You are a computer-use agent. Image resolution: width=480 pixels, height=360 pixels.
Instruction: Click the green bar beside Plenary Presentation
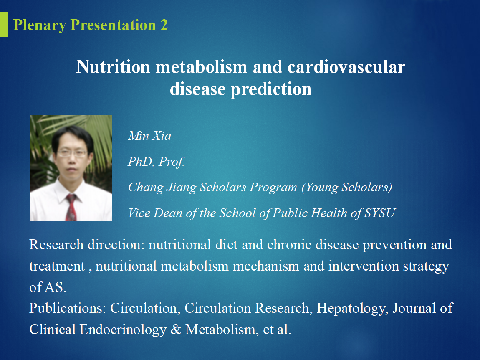point(4,25)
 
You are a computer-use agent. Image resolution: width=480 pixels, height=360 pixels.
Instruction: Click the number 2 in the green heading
point(164,25)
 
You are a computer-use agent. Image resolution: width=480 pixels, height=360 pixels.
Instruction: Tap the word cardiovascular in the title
point(346,67)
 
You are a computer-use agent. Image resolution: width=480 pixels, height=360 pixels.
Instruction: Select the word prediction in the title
point(271,89)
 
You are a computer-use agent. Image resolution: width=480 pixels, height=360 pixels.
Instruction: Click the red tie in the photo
point(71,208)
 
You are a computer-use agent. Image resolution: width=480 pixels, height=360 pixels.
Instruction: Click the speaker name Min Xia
point(149,136)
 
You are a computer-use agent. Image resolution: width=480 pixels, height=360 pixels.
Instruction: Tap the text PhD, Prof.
point(156,162)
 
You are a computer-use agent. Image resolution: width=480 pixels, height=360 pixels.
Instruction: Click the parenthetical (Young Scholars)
point(346,188)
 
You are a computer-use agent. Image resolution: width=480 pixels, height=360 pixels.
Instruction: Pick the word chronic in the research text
point(289,245)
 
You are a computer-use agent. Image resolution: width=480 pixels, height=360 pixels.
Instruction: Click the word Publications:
point(68,308)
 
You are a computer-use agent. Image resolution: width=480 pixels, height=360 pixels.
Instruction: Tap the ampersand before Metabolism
point(176,330)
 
